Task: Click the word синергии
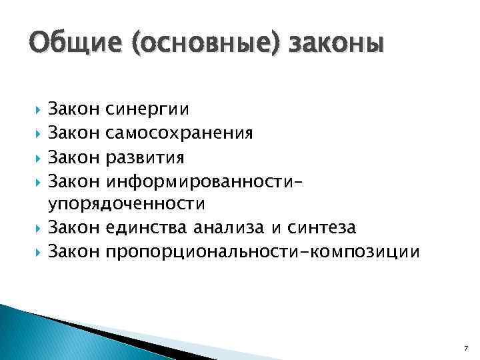pos(147,107)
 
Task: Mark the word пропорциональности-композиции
pos(263,252)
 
